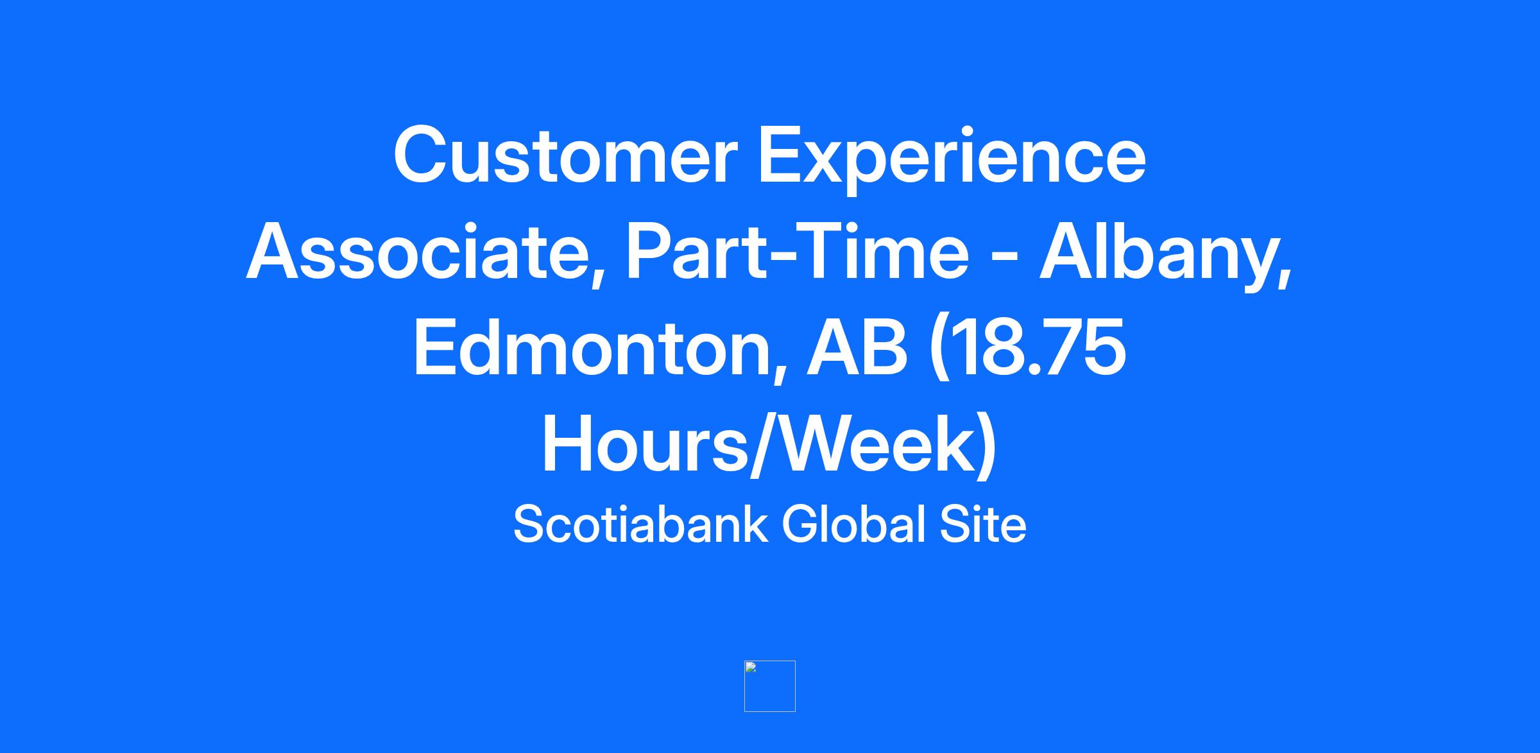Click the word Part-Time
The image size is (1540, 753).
[798, 252]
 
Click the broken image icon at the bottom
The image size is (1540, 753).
[770, 686]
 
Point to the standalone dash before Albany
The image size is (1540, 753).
[1004, 260]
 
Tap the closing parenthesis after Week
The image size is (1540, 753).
[985, 449]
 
